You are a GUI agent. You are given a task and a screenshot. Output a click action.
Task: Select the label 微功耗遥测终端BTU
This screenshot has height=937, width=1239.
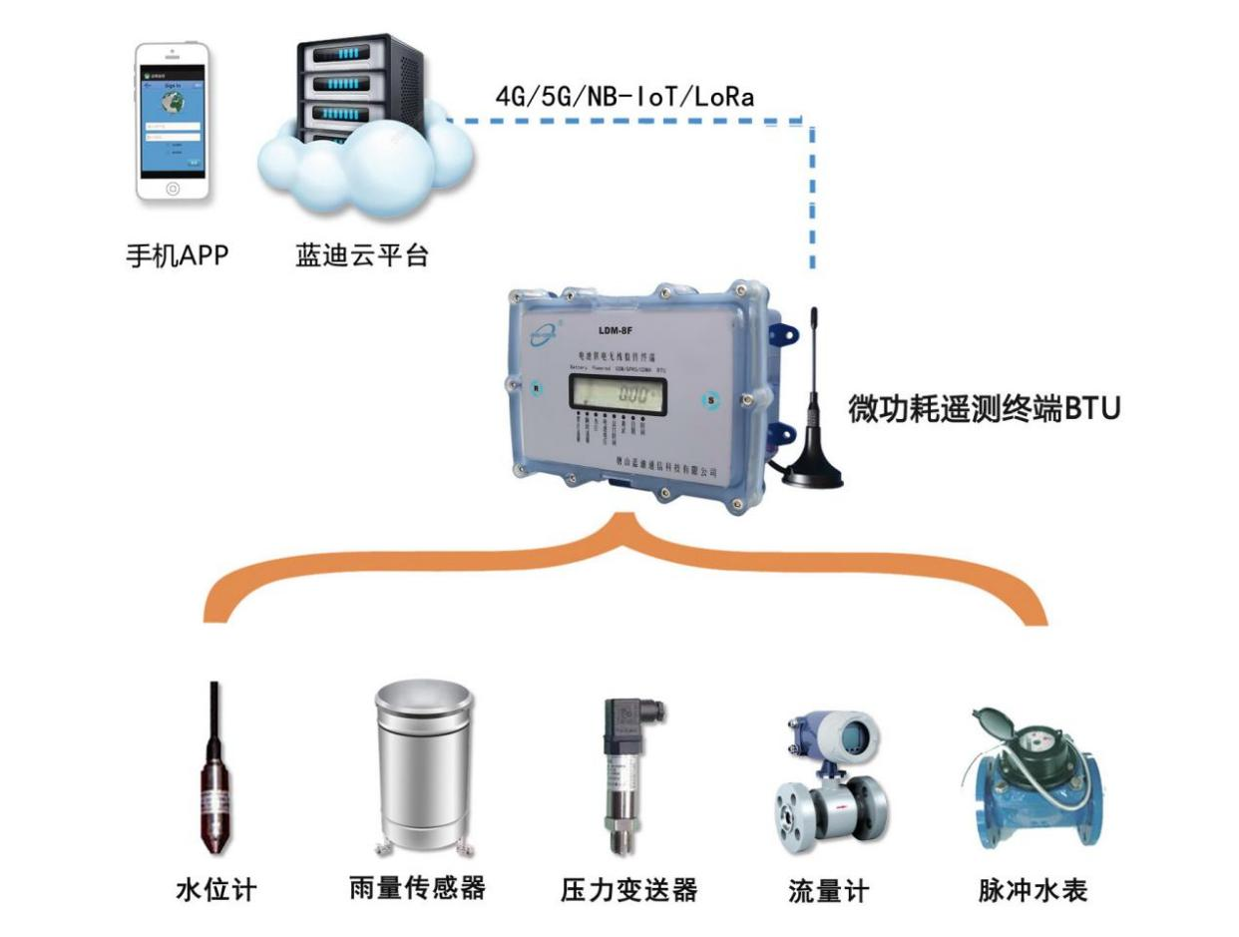pyautogui.click(x=985, y=411)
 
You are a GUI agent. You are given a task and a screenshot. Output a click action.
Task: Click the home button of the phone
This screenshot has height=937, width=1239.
pyautogui.click(x=173, y=189)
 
